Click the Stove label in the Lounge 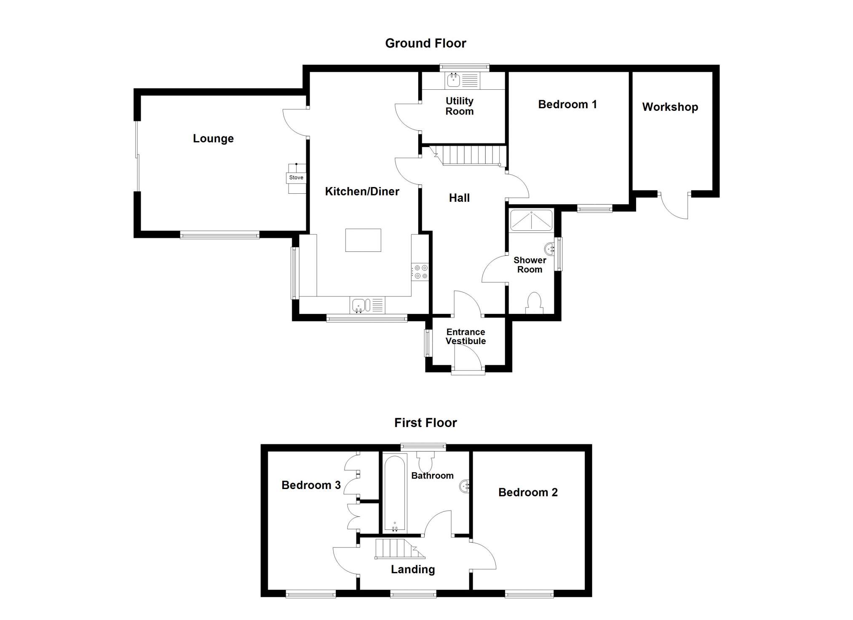(296, 178)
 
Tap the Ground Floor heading (426, 43)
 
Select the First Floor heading (425, 423)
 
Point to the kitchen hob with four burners (420, 272)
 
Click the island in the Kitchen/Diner (363, 240)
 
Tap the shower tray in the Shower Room (531, 220)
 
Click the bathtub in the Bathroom (395, 493)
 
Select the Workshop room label (670, 107)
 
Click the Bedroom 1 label (567, 104)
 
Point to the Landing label (413, 569)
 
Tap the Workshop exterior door (674, 206)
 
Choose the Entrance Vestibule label (466, 337)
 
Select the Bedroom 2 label (528, 492)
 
